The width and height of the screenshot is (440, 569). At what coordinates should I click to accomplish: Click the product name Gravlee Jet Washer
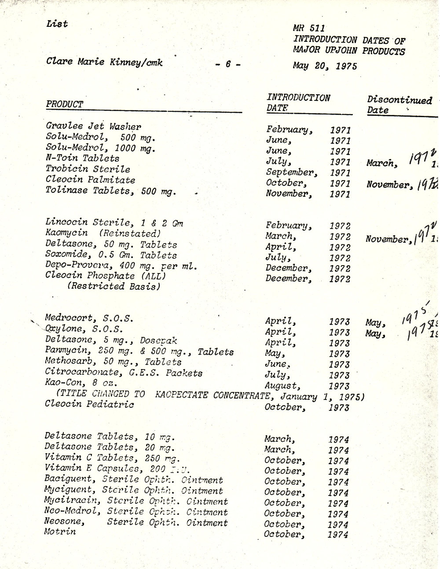(x=93, y=127)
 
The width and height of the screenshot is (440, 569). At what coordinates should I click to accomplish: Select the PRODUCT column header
(x=64, y=104)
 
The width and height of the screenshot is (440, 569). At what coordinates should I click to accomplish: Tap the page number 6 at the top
(x=228, y=64)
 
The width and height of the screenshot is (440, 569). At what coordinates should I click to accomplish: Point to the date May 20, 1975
(x=325, y=66)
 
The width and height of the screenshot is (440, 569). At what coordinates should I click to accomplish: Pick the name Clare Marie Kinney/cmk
(x=104, y=62)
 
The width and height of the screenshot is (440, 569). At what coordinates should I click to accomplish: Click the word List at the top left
(x=57, y=24)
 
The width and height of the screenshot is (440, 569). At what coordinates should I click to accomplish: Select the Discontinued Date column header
(x=399, y=105)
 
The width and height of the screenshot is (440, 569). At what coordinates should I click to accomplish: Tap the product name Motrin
(x=60, y=532)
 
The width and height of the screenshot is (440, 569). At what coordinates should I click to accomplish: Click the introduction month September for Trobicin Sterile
(x=291, y=172)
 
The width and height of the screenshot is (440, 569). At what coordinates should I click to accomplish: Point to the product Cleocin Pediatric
(x=89, y=404)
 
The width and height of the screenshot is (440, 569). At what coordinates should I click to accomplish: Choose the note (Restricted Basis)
(x=114, y=286)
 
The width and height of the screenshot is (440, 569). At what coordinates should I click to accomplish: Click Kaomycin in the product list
(x=66, y=233)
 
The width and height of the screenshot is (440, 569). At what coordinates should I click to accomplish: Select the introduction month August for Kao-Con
(x=281, y=386)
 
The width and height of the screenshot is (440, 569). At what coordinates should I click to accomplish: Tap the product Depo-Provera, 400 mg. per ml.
(x=121, y=266)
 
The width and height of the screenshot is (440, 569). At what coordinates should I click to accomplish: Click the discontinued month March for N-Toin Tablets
(x=381, y=163)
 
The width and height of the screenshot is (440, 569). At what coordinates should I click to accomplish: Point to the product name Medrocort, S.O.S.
(x=89, y=318)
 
